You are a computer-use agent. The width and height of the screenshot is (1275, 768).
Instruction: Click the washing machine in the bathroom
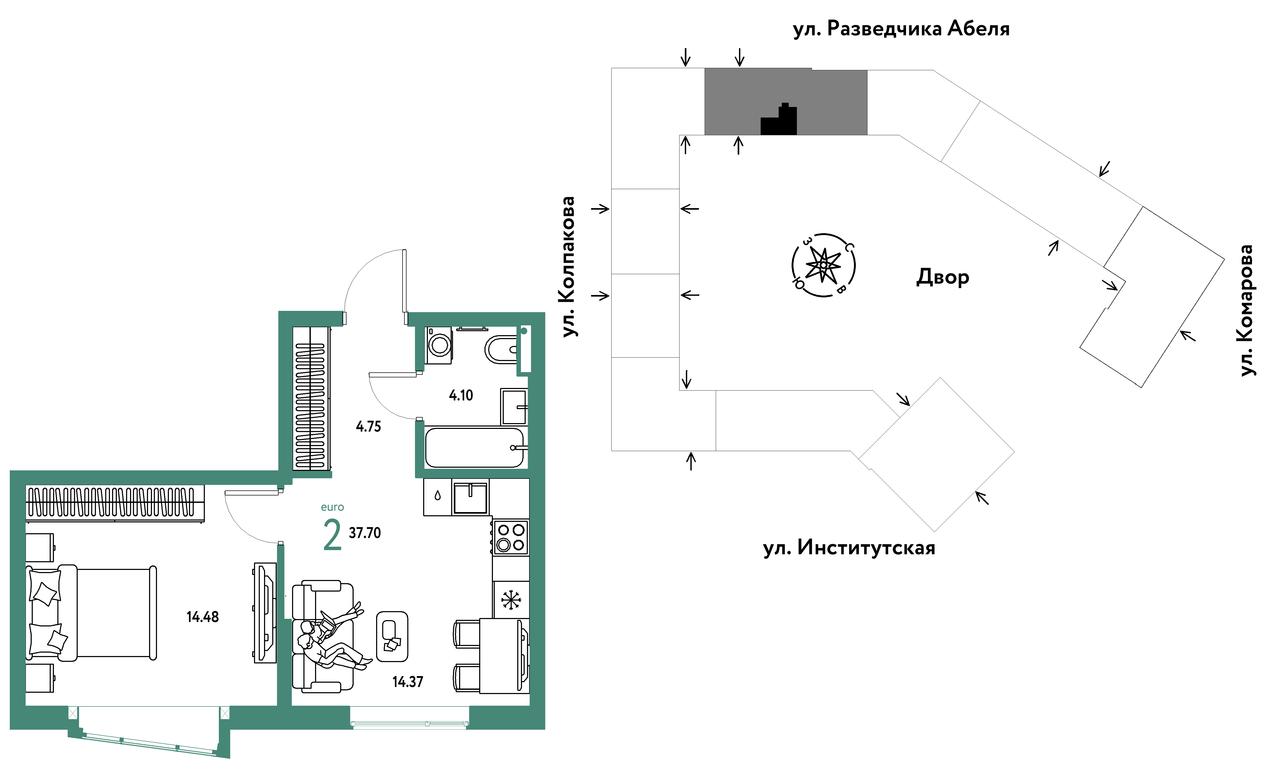439,345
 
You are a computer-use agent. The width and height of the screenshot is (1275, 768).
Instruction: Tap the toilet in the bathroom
501,350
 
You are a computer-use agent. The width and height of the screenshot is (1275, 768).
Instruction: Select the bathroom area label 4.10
460,396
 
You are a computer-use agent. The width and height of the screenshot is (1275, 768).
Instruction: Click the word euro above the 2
332,507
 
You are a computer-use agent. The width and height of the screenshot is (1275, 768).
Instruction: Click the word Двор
942,278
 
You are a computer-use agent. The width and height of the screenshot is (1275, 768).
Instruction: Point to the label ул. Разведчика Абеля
901,29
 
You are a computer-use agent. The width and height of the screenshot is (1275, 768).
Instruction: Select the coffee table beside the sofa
392,637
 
